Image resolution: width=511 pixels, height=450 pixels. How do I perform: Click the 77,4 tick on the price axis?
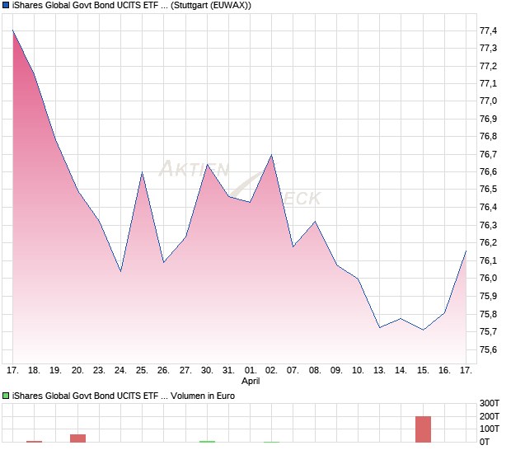click(488, 31)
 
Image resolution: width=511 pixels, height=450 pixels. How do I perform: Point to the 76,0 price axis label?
click(488, 279)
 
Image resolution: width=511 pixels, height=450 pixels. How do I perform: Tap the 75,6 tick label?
click(488, 349)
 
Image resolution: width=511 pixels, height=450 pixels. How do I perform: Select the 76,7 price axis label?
click(488, 155)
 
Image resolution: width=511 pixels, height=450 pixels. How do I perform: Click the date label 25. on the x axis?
click(142, 371)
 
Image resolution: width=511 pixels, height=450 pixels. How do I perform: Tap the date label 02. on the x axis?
click(272, 371)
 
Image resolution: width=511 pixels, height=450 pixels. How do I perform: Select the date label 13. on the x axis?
click(380, 371)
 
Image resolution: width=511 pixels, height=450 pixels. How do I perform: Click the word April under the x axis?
click(251, 382)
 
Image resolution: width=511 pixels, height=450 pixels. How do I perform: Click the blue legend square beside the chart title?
click(7, 7)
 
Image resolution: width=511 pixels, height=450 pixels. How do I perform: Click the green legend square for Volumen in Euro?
click(7, 396)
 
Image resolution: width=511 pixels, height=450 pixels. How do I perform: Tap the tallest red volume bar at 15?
click(424, 429)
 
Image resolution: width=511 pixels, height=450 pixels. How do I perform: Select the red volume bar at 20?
click(77, 438)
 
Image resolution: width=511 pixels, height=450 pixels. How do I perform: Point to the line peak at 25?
click(142, 172)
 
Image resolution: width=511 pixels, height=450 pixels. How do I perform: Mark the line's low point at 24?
click(120, 270)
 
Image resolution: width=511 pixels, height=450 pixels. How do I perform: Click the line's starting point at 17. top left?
click(13, 30)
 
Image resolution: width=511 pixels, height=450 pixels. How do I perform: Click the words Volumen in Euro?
click(204, 396)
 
